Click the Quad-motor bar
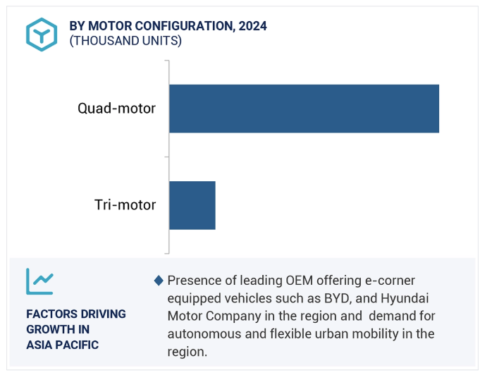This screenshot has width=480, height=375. tap(304, 109)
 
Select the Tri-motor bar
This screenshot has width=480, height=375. tap(192, 205)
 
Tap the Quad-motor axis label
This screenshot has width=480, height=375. tap(116, 109)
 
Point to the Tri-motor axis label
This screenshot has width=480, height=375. tap(125, 205)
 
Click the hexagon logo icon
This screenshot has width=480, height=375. tap(42, 34)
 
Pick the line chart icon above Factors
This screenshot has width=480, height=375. tap(39, 281)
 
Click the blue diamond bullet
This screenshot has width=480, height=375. tap(159, 281)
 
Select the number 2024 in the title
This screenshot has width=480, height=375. tap(252, 26)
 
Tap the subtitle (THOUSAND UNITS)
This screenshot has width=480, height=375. tap(125, 41)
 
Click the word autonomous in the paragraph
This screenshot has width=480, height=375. tap(202, 333)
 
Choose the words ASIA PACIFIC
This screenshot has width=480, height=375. tap(62, 345)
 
